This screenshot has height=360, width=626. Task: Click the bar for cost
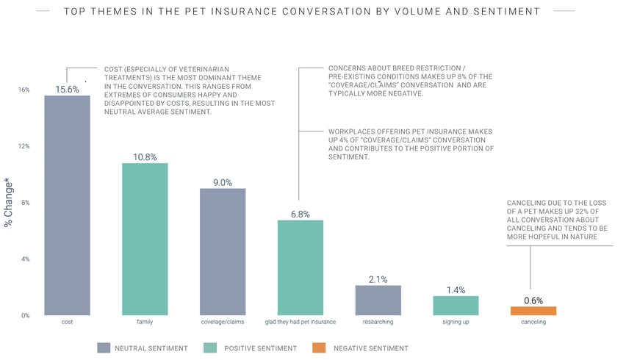pyautogui.click(x=67, y=206)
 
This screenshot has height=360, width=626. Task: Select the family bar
pyautogui.click(x=145, y=240)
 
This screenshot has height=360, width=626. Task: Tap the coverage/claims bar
pyautogui.click(x=223, y=252)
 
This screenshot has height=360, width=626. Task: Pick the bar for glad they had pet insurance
pyautogui.click(x=300, y=267)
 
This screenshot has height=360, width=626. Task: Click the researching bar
pyautogui.click(x=378, y=300)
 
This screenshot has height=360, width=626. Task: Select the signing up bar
pyautogui.click(x=456, y=306)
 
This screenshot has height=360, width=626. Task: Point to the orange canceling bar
pyautogui.click(x=533, y=311)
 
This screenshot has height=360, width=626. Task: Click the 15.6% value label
pyautogui.click(x=67, y=89)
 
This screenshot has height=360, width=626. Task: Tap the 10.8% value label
pyautogui.click(x=145, y=156)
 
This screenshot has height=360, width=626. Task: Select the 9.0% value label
pyautogui.click(x=223, y=182)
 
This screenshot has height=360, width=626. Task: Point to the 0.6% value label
pyautogui.click(x=533, y=300)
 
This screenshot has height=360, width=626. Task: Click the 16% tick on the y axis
pyautogui.click(x=24, y=90)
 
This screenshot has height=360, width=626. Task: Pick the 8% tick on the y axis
pyautogui.click(x=25, y=203)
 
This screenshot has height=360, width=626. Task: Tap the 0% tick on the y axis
pyautogui.click(x=25, y=316)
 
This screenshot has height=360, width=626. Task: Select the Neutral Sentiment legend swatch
pyautogui.click(x=103, y=348)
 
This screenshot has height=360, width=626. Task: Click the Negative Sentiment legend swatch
pyautogui.click(x=319, y=348)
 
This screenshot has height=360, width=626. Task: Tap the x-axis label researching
pyautogui.click(x=378, y=323)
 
